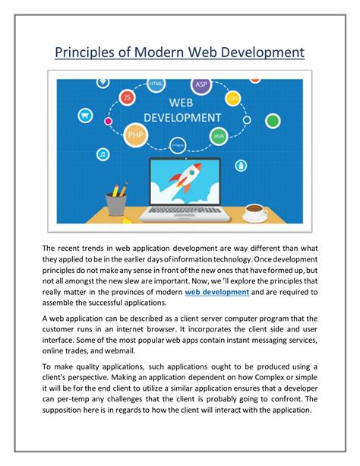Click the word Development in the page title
coord(254,51)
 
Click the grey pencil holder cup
coord(116,204)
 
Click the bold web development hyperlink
coord(216,292)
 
